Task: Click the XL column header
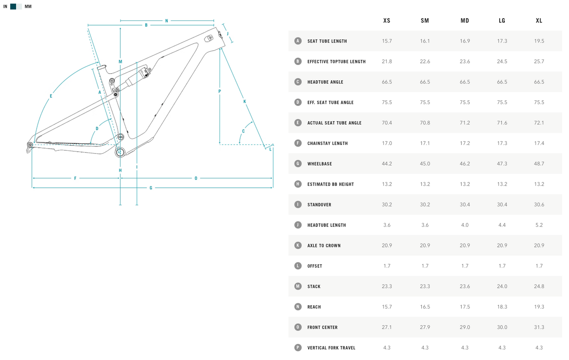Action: point(539,20)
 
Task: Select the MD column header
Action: point(465,20)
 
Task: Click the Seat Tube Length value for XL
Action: point(539,41)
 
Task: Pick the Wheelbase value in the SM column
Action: point(425,163)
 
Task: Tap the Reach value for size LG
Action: point(502,307)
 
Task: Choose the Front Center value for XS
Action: point(387,327)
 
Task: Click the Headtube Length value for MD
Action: point(465,225)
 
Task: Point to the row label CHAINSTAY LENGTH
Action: point(328,143)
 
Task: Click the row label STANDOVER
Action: point(319,205)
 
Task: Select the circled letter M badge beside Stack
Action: point(298,286)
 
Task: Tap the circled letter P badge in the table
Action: point(298,347)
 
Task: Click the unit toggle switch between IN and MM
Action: point(16,7)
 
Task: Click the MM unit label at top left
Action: point(28,7)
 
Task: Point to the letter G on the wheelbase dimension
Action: point(151,188)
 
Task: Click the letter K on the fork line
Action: point(245,101)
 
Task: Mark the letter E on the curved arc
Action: point(51,96)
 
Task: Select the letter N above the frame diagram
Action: point(167,21)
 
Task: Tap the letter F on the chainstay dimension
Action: point(75,178)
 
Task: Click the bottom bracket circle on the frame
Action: point(120,152)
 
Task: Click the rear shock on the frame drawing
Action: point(137,76)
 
